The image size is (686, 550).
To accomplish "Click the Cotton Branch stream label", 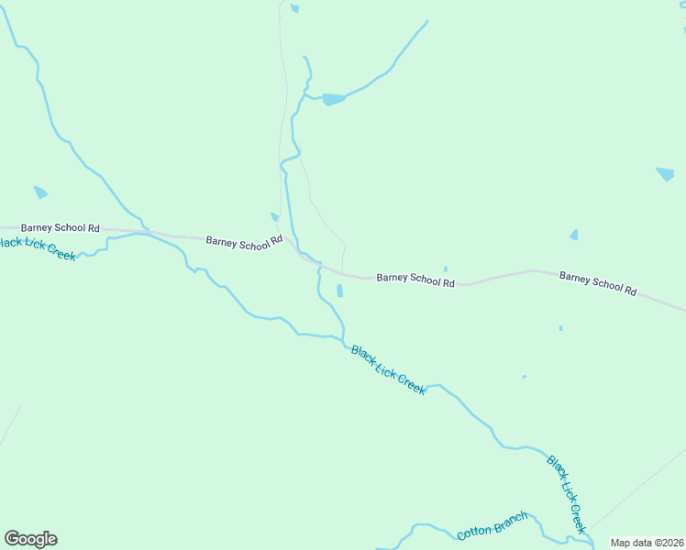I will click(492, 526).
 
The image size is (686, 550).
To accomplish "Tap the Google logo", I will click(30, 539).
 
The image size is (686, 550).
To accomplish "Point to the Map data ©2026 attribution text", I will click(647, 543).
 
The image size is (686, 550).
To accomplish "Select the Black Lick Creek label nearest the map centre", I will click(388, 369).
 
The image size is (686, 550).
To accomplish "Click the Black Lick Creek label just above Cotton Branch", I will click(566, 493).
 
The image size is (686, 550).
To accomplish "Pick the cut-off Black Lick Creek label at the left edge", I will click(37, 247).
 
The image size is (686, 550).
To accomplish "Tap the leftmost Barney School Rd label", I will click(60, 227).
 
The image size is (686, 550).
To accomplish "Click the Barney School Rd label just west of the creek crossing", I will click(244, 243).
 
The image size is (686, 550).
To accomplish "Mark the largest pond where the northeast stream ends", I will click(333, 99).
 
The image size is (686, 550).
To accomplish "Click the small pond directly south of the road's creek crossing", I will click(339, 291).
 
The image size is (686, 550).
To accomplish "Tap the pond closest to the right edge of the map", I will click(665, 173).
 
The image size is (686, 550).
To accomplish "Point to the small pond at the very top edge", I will click(294, 8).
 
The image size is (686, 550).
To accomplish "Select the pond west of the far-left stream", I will click(40, 192).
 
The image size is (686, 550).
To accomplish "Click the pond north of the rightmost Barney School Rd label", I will click(574, 235).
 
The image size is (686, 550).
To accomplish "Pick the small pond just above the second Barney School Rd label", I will click(274, 217).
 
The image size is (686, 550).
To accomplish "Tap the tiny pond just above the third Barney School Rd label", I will click(446, 269).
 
